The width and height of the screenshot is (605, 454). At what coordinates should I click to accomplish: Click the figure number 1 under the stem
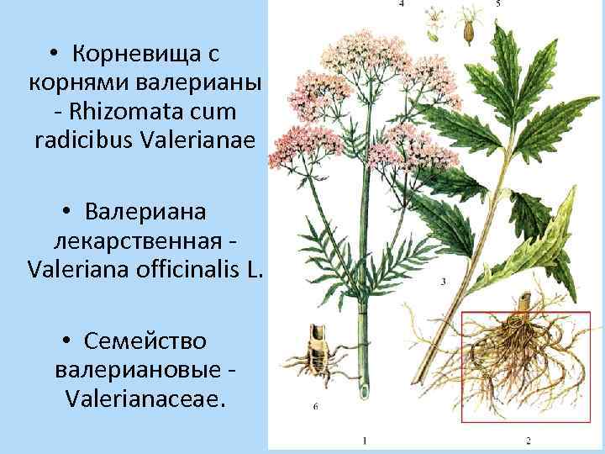(364, 440)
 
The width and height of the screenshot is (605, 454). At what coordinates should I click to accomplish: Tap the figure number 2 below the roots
(528, 440)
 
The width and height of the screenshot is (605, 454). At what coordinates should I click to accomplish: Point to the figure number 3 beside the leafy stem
(443, 281)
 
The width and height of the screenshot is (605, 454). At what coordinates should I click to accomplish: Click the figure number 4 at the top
(401, 4)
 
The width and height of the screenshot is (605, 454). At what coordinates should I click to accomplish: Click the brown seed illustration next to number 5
(468, 29)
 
